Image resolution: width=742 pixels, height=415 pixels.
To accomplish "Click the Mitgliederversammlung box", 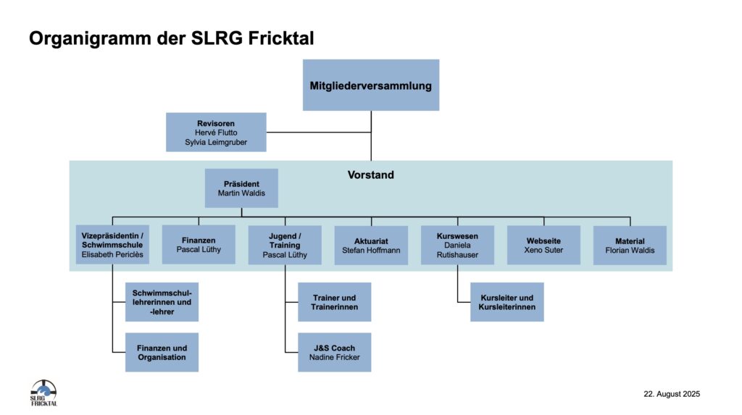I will click(370, 85).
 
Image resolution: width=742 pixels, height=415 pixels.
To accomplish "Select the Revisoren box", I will click(216, 132).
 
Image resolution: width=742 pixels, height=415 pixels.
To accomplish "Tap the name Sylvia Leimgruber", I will click(216, 143).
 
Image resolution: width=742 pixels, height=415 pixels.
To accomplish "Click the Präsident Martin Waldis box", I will click(241, 188).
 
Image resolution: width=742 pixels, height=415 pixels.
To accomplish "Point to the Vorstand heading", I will click(370, 175).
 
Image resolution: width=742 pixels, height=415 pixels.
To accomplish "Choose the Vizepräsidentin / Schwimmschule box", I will click(112, 245).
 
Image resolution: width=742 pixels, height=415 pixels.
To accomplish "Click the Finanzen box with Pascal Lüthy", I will click(199, 244).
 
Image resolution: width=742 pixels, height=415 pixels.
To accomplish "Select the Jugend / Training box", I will click(285, 245).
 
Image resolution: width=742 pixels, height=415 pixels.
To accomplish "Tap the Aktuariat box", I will click(370, 245).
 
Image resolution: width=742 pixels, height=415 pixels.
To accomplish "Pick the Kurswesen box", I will click(457, 245).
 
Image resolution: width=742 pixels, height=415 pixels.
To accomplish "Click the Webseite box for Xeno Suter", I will click(543, 245).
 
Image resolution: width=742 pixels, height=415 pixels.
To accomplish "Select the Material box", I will click(630, 245).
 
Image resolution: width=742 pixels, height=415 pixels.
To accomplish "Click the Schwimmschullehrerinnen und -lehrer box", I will click(162, 301).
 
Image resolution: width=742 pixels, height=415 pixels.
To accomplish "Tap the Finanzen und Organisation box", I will click(162, 352).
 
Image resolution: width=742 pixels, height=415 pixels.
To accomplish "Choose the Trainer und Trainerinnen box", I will click(334, 302).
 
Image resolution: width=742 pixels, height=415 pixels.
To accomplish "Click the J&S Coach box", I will click(334, 352).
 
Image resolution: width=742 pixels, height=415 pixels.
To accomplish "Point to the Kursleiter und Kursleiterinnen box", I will click(507, 302).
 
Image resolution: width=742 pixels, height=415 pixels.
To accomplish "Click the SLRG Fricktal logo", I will click(43, 392).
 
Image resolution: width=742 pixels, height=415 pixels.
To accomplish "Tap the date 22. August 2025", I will click(671, 394).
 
